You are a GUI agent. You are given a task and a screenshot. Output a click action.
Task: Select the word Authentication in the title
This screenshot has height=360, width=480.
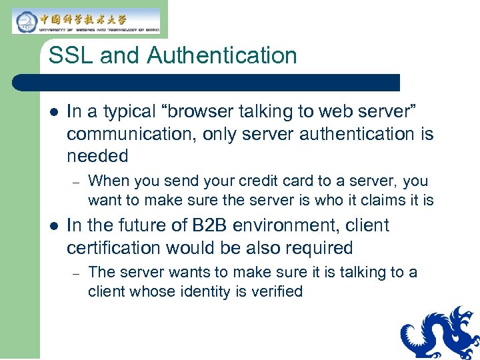coord(222,55)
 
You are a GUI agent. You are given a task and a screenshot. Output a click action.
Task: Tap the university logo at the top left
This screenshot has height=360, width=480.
coord(86,21)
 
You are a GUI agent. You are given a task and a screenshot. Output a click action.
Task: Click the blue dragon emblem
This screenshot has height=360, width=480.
coord(441,333)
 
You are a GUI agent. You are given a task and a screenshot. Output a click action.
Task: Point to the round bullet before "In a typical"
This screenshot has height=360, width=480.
coord(53,112)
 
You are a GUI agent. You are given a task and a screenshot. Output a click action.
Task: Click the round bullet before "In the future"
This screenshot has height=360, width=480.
coord(53,226)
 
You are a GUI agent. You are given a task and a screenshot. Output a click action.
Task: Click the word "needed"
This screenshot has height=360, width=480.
coord(97,156)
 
